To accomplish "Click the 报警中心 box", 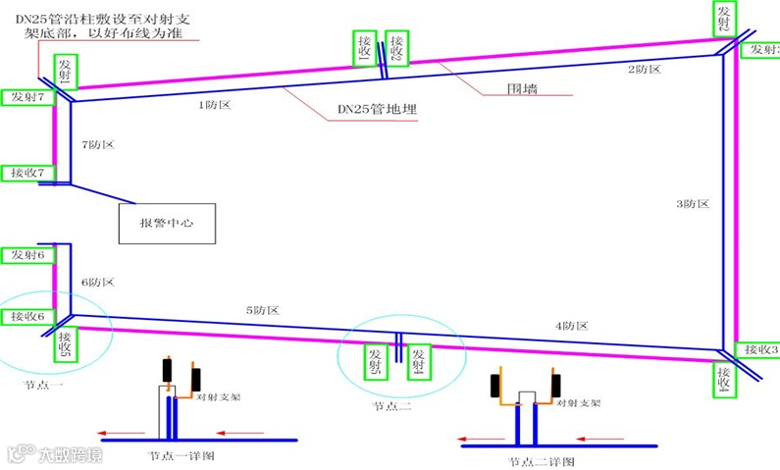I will pyautogui.click(x=166, y=223).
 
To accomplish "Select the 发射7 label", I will pyautogui.click(x=27, y=97).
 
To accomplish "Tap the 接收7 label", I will pyautogui.click(x=27, y=172).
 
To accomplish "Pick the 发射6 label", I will pyautogui.click(x=27, y=254).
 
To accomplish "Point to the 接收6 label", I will pyautogui.click(x=27, y=316).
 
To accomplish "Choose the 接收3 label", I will pyautogui.click(x=759, y=349).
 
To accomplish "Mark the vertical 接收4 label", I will pyautogui.click(x=723, y=379).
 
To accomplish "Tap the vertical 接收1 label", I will pyautogui.click(x=364, y=46).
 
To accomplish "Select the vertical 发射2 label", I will pyautogui.click(x=723, y=17).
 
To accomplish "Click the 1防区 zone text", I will pyautogui.click(x=214, y=104).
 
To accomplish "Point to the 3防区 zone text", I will pyautogui.click(x=692, y=204).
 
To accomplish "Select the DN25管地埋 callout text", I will pyautogui.click(x=378, y=110).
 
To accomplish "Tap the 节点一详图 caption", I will pyautogui.click(x=182, y=455).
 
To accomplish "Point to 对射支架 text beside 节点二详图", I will pyautogui.click(x=579, y=402).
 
